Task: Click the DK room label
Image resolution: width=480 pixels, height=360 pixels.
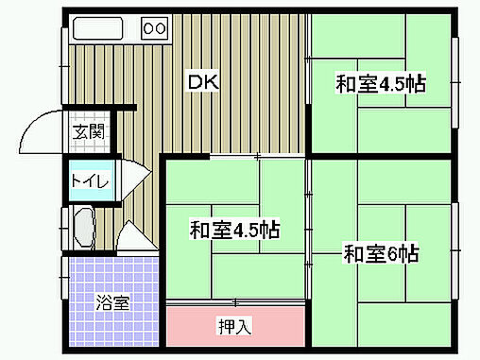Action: (203, 82)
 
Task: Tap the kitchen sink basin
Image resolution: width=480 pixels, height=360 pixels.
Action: (97, 28)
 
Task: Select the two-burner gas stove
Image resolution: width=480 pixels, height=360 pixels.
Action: (155, 28)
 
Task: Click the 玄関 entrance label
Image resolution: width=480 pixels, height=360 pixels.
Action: (88, 131)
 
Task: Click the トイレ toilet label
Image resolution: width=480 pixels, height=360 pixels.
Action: (91, 180)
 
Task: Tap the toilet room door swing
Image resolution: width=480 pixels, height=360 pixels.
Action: (134, 180)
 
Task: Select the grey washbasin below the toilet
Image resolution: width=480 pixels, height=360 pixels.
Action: (84, 227)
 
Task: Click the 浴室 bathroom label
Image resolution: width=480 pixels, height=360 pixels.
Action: (112, 302)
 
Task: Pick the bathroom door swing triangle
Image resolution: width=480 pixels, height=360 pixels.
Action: (136, 237)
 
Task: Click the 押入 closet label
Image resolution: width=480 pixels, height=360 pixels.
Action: (235, 326)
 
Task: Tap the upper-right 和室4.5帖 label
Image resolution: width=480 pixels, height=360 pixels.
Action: (381, 84)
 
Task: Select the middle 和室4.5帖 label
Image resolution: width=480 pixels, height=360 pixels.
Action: (234, 230)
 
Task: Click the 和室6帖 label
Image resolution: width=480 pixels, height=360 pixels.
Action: (381, 254)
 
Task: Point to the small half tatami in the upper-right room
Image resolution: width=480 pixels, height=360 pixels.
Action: (382, 83)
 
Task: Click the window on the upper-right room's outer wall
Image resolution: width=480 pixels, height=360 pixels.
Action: (454, 82)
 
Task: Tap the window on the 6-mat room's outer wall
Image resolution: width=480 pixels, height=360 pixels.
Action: (454, 250)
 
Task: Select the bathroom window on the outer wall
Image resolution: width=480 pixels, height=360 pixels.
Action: (64, 278)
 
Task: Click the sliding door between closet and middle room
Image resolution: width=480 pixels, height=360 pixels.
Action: (235, 302)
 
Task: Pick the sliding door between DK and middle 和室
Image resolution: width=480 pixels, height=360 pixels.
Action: (258, 156)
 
